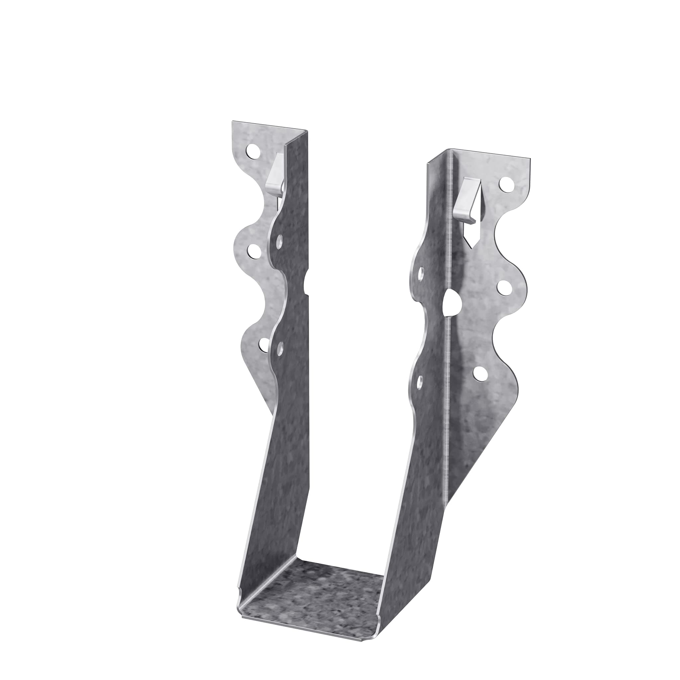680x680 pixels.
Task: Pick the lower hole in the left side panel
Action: (280, 349)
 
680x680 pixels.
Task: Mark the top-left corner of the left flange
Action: (232, 122)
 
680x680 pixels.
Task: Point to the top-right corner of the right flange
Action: (530, 158)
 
